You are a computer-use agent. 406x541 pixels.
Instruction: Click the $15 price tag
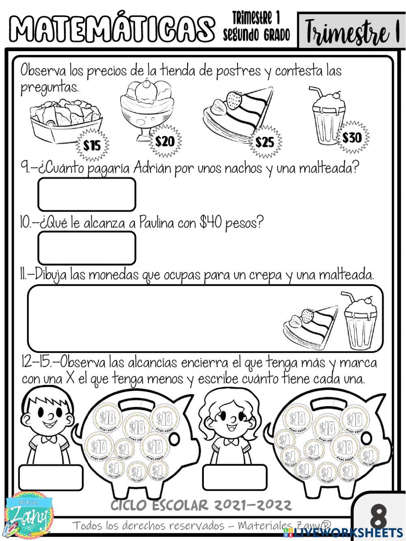click(x=93, y=145)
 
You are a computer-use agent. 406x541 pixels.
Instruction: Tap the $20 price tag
click(x=165, y=141)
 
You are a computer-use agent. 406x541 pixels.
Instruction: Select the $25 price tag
click(x=265, y=142)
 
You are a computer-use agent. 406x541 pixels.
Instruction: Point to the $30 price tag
click(x=352, y=137)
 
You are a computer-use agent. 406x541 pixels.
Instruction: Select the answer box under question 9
click(x=86, y=195)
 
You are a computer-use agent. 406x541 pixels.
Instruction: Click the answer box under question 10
click(x=86, y=248)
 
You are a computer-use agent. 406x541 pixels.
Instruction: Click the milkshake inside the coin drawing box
click(x=360, y=321)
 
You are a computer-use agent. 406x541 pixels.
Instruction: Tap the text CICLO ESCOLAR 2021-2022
click(x=201, y=505)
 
